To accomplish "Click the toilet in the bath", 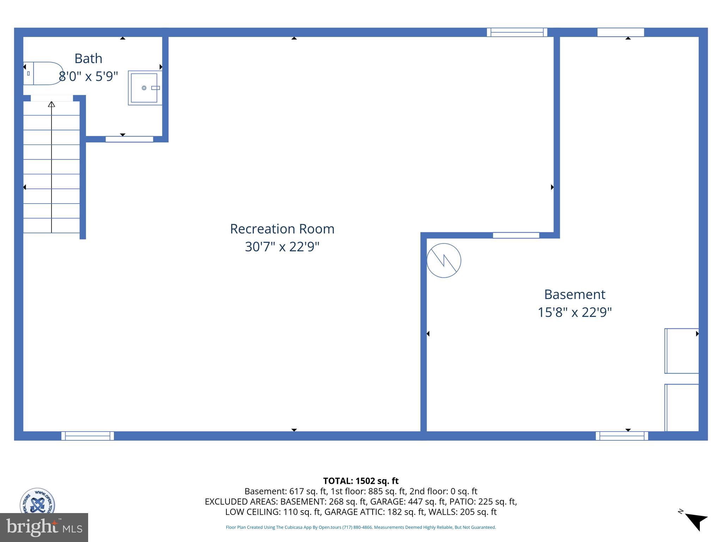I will pos(43,73).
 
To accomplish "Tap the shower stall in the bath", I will pos(145,88).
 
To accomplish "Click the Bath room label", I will pos(88,59).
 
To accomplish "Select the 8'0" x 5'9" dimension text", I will pos(88,76).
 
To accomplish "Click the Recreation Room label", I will pos(282,229).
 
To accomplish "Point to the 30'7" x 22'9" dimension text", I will pos(282,247).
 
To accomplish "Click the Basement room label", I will pos(574,294).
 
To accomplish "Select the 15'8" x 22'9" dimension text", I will pos(574,312).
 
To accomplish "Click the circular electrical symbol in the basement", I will pos(443,260).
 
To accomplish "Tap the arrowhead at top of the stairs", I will pos(51,104).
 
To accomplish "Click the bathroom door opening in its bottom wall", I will pos(129,139).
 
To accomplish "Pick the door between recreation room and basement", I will pos(516,235).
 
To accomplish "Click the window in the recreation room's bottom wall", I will pos(87,436).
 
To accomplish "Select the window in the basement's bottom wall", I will pos(622,436).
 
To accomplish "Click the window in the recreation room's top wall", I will pos(517,32).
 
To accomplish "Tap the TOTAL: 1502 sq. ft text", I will pos(361,481).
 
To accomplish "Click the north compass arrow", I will pos(696,522).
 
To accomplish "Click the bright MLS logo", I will pos(44,527).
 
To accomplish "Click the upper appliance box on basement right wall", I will pos(681,351).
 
